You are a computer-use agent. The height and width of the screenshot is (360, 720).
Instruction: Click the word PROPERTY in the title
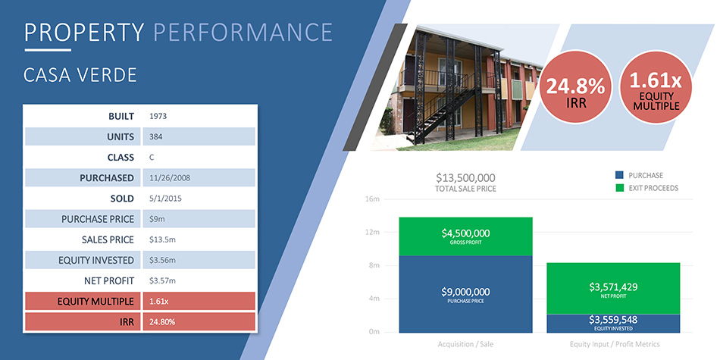point(84,32)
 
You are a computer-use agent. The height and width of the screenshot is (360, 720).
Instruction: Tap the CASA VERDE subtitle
point(80,75)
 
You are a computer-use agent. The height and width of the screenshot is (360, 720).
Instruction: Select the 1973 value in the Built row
point(158,116)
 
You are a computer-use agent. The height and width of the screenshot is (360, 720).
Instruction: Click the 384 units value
point(155,136)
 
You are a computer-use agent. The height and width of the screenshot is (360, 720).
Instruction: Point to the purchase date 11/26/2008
point(170,177)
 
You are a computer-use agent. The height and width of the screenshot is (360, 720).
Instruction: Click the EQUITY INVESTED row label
point(96,261)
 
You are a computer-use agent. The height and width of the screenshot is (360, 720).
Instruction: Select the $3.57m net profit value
point(162,280)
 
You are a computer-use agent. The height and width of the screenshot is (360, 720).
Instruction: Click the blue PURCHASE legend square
point(619,175)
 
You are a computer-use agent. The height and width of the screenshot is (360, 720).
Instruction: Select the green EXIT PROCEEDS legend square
point(619,188)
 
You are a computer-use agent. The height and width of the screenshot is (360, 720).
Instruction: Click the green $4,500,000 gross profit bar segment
point(465,236)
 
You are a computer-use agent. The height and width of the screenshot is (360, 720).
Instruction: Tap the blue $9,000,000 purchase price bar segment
point(465,294)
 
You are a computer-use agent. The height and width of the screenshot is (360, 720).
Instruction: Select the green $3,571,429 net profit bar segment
point(613,288)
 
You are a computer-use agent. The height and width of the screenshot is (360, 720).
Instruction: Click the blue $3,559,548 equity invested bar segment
point(613,324)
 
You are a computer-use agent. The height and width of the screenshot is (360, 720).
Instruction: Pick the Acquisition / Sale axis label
point(465,344)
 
